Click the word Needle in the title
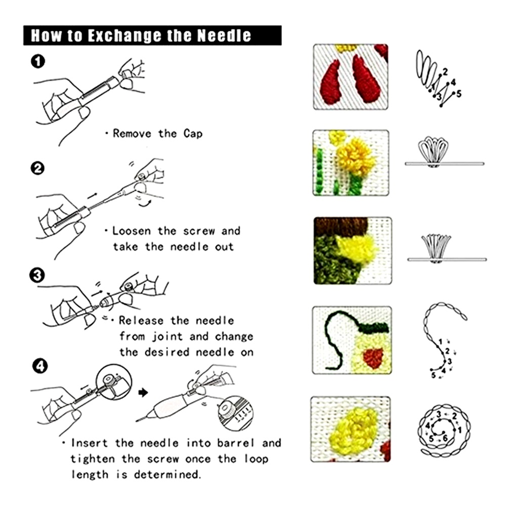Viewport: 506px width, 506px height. pos(224,35)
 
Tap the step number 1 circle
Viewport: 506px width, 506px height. pos(38,61)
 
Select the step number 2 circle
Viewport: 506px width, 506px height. pos(38,168)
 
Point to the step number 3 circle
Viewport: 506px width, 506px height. pos(37,275)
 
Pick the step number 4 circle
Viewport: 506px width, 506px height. pos(40,366)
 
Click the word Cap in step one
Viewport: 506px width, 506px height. pos(193,133)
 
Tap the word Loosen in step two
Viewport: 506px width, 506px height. pos(132,231)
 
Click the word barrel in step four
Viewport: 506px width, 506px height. pos(236,443)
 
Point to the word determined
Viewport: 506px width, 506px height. pos(167,475)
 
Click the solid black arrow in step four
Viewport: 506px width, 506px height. pos(143,393)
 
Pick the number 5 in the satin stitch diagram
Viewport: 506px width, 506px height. pos(458,94)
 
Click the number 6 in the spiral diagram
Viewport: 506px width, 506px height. pos(445,438)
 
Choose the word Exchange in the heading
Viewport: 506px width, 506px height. pos(124,35)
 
